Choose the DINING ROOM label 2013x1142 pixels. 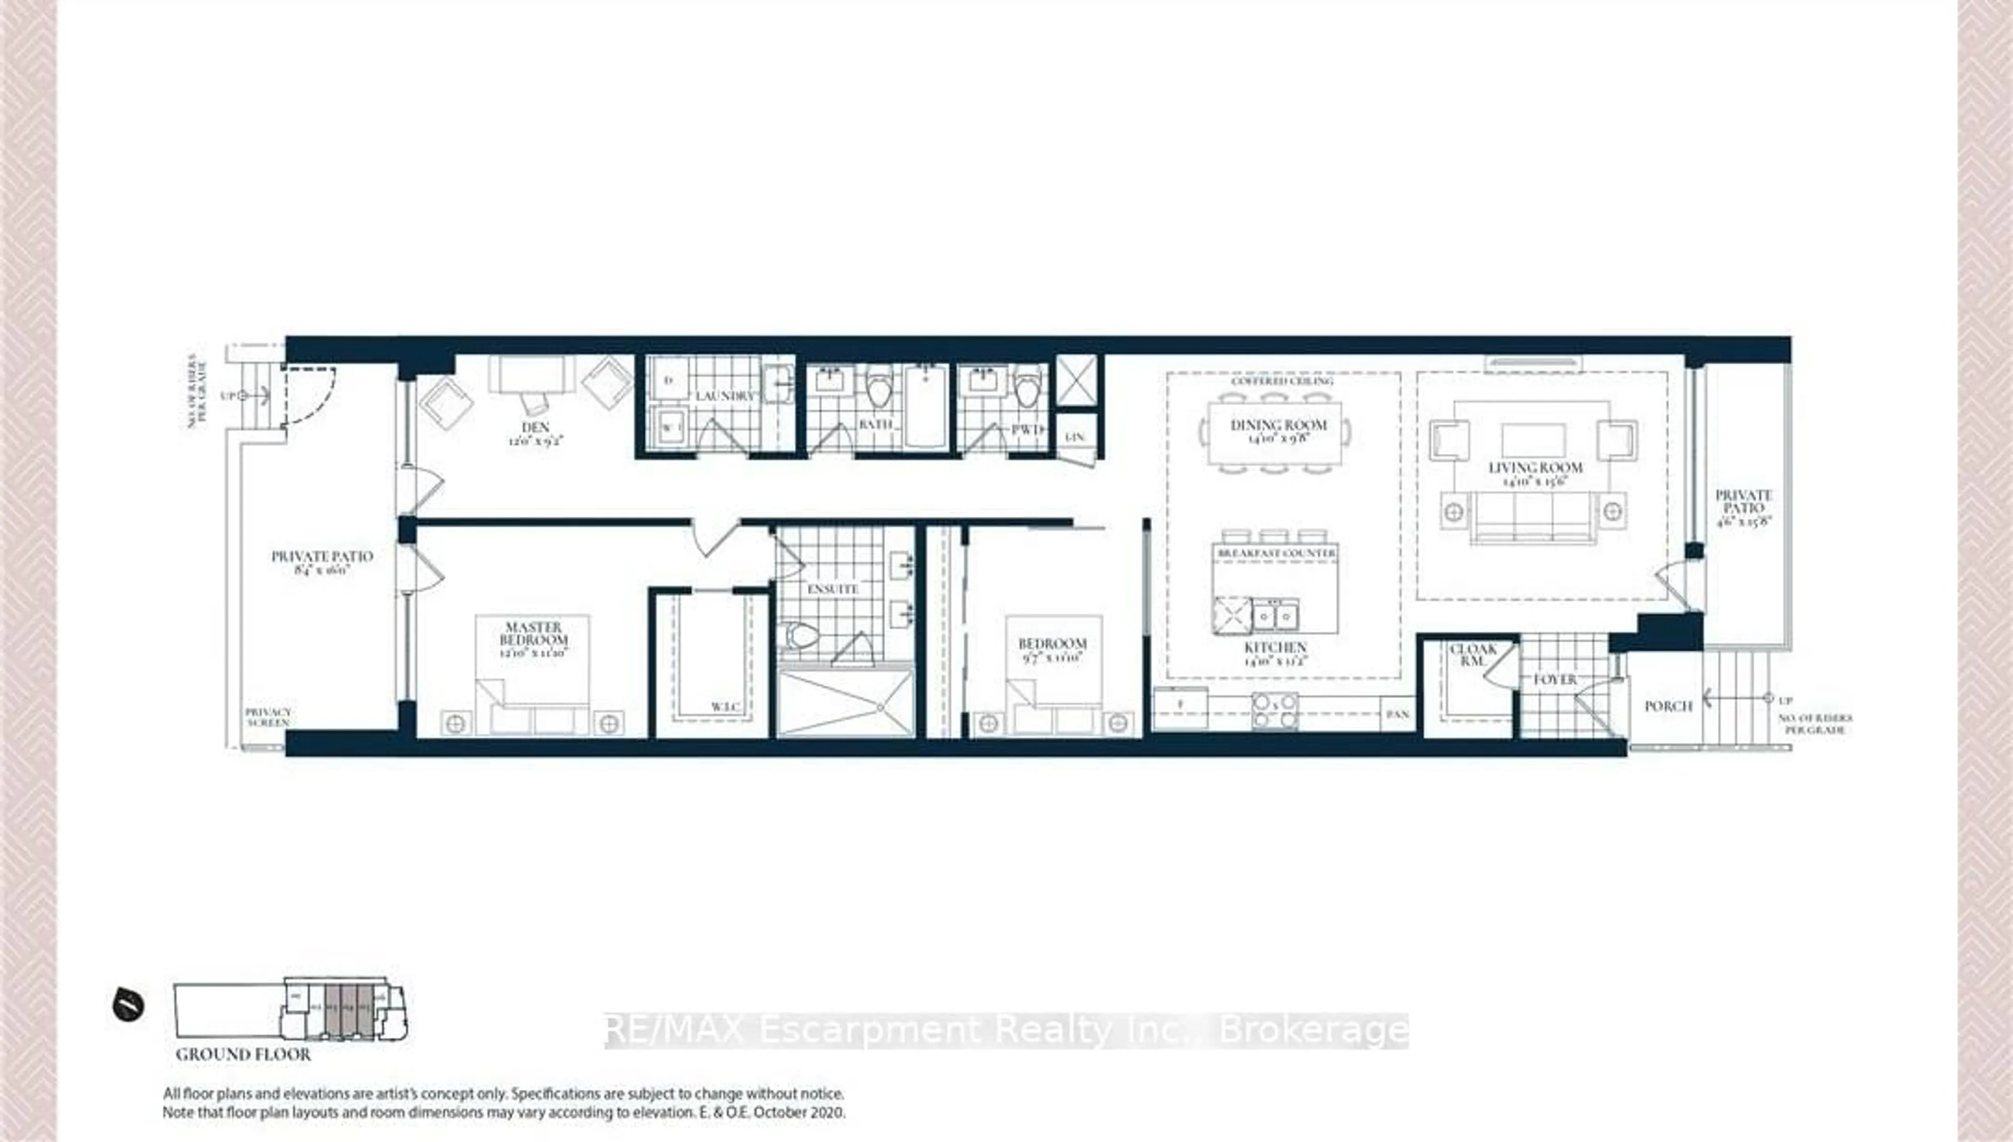point(1278,426)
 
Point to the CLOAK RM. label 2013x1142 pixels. point(1473,655)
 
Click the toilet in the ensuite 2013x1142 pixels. point(802,634)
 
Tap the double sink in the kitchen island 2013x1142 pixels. point(1275,615)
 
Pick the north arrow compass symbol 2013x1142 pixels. point(128,1005)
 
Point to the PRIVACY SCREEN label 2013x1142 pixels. point(267,717)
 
